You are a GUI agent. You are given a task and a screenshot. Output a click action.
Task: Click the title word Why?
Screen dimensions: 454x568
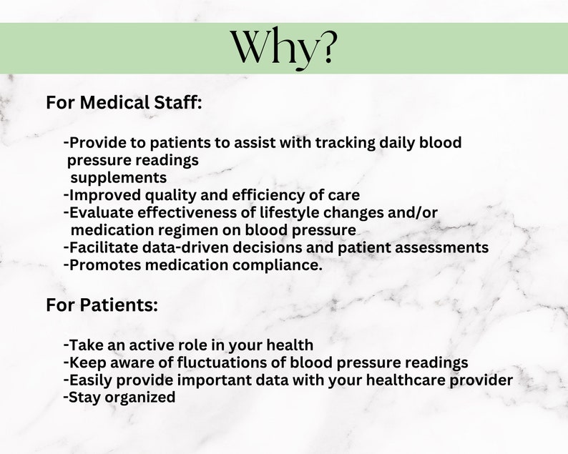click(283, 48)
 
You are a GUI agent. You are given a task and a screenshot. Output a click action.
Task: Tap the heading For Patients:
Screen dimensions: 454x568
click(102, 305)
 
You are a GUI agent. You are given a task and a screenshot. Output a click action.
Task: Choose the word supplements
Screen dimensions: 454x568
click(118, 177)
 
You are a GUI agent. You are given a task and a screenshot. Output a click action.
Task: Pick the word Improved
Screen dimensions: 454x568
click(102, 194)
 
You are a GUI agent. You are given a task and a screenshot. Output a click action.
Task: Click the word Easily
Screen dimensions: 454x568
click(90, 380)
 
